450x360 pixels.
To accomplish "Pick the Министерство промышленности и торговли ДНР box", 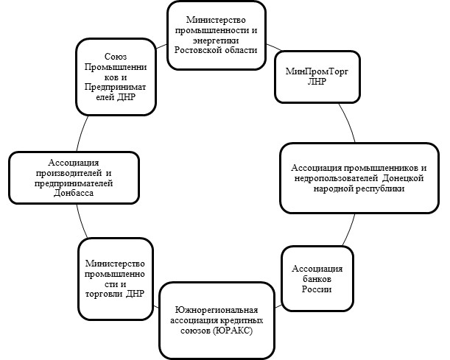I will click(x=115, y=279).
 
